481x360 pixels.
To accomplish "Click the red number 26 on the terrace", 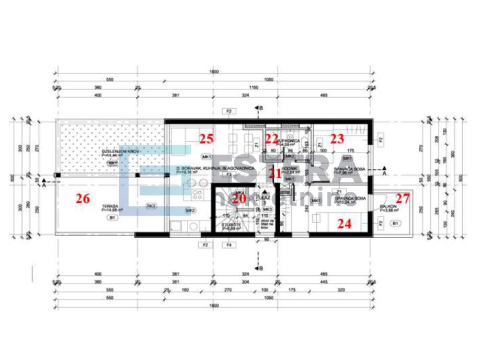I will coord(83,199).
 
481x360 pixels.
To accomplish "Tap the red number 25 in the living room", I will coord(207,138).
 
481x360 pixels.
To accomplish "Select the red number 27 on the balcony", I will coord(403,199).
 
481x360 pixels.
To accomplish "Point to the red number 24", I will coord(344,224).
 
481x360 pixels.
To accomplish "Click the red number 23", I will coord(337,138).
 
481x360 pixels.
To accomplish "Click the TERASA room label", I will coord(110,206).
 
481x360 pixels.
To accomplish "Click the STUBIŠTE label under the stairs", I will coord(231,225).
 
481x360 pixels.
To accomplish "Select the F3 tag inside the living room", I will coord(229,175).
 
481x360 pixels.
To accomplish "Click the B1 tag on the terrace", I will coord(111,216).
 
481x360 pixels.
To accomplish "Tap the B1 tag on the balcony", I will coord(396,224).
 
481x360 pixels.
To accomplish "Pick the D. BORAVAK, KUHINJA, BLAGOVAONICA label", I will coord(215,169).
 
